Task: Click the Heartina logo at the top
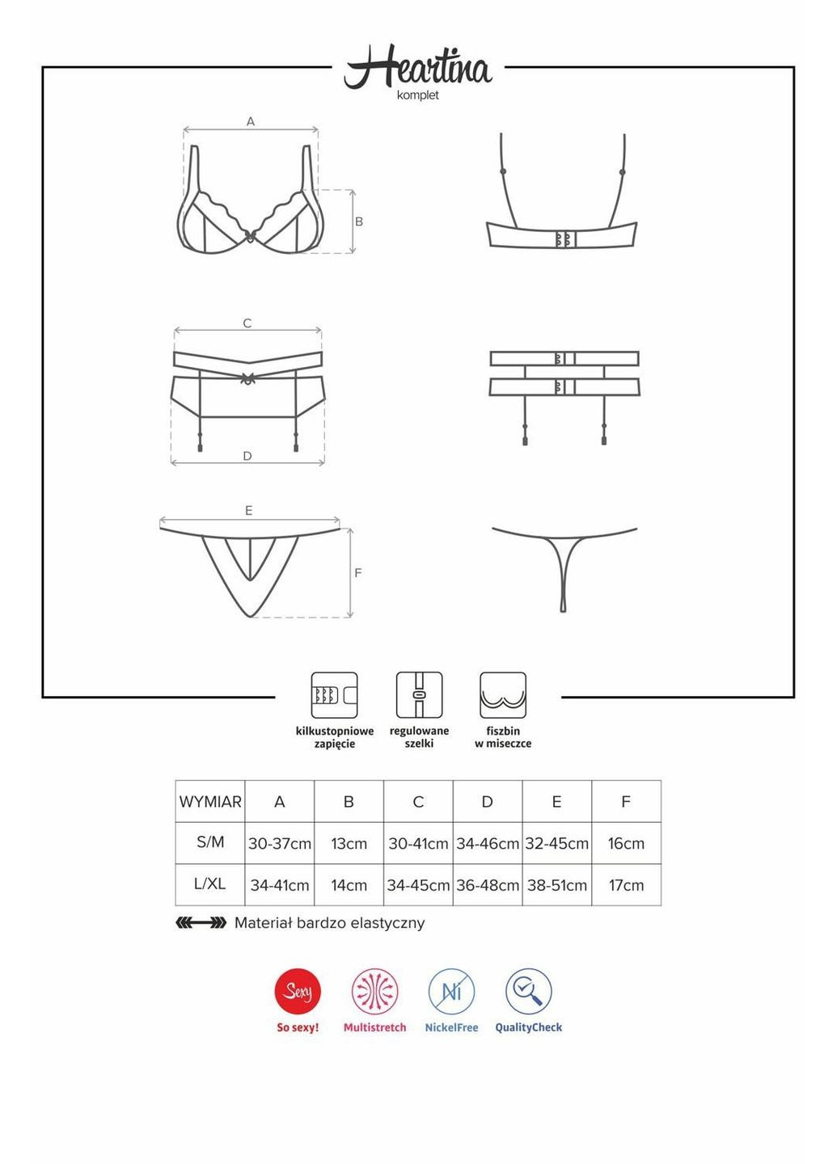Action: (x=417, y=66)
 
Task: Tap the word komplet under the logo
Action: (x=418, y=95)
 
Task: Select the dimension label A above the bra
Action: (x=251, y=121)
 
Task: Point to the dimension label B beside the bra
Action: (x=359, y=221)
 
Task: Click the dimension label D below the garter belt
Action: (x=247, y=456)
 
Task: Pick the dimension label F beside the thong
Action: (x=357, y=572)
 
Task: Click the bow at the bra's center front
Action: (x=250, y=236)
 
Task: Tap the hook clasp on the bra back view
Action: (x=564, y=238)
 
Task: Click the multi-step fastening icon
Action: (x=334, y=695)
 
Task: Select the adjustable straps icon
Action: (x=419, y=695)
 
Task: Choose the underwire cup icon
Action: (x=503, y=695)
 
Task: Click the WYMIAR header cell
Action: (x=210, y=801)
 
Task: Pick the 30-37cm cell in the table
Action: (x=280, y=843)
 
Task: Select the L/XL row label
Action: (x=210, y=884)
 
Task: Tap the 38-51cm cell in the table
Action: (x=556, y=885)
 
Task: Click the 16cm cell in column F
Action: (x=627, y=843)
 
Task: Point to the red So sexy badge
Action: (x=298, y=992)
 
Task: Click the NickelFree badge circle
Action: (x=451, y=992)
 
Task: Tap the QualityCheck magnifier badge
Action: (x=528, y=992)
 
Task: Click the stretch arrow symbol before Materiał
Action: (x=201, y=923)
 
